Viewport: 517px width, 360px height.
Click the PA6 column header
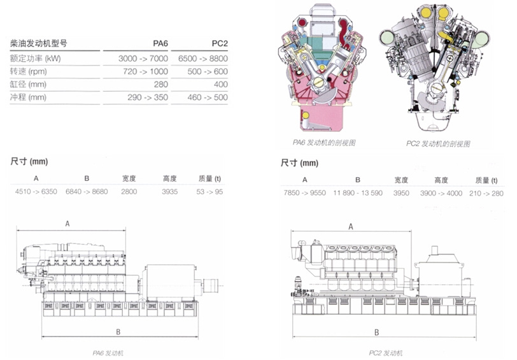160,43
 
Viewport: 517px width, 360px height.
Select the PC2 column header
220,43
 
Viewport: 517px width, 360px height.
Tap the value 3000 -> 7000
143,58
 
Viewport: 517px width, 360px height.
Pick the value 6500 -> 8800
206,58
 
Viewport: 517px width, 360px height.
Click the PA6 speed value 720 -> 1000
146,71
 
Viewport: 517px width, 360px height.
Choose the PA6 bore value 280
160,84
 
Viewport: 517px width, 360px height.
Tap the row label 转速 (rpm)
30,71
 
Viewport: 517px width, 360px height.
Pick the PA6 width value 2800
129,192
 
